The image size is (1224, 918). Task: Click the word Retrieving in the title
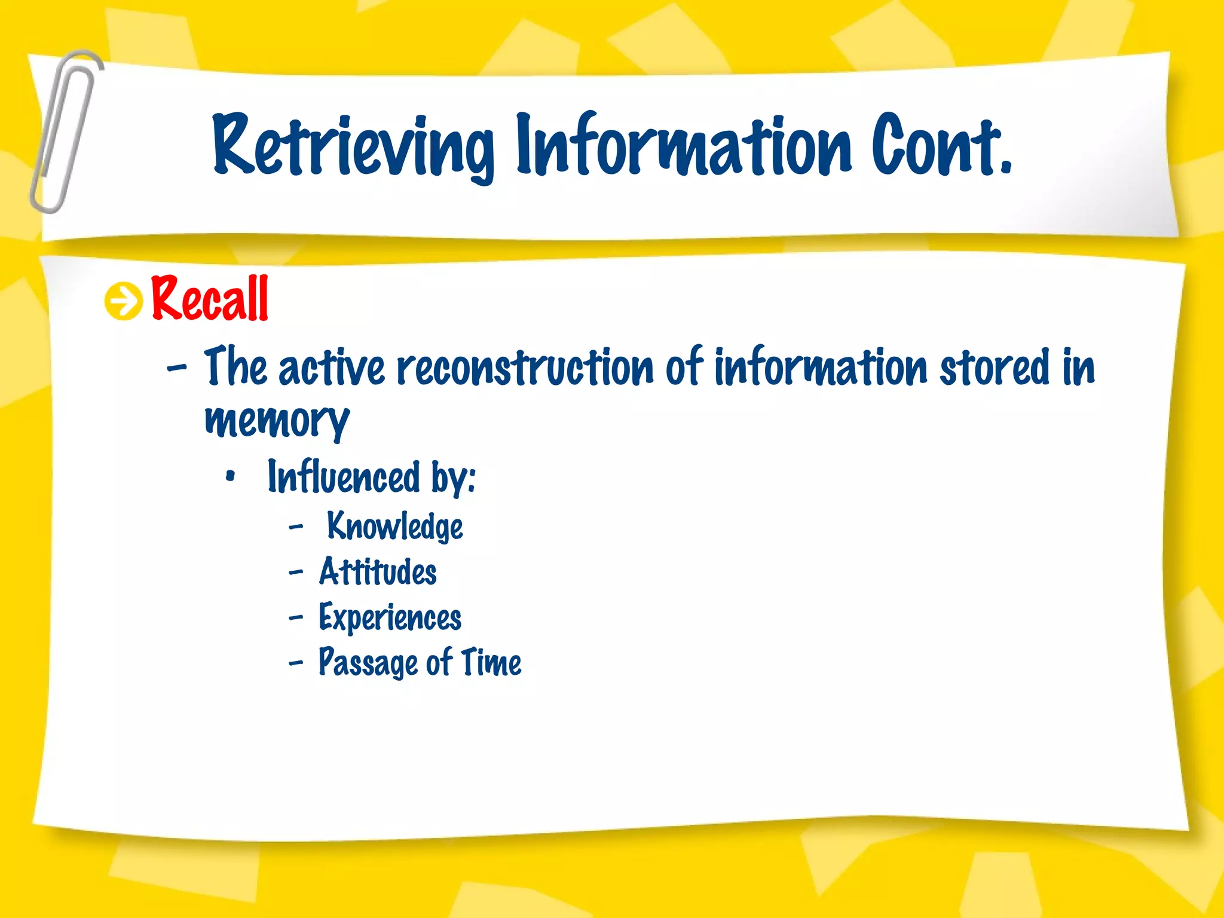[x=353, y=146]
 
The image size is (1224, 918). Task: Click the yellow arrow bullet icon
[x=124, y=301]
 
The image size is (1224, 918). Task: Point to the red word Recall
[x=210, y=299]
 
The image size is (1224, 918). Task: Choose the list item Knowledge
[x=395, y=527]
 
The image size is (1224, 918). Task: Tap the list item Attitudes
[x=378, y=572]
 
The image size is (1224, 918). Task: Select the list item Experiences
[x=390, y=617]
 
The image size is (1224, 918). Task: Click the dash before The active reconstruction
[x=177, y=367]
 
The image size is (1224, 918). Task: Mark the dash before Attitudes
[x=296, y=573]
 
